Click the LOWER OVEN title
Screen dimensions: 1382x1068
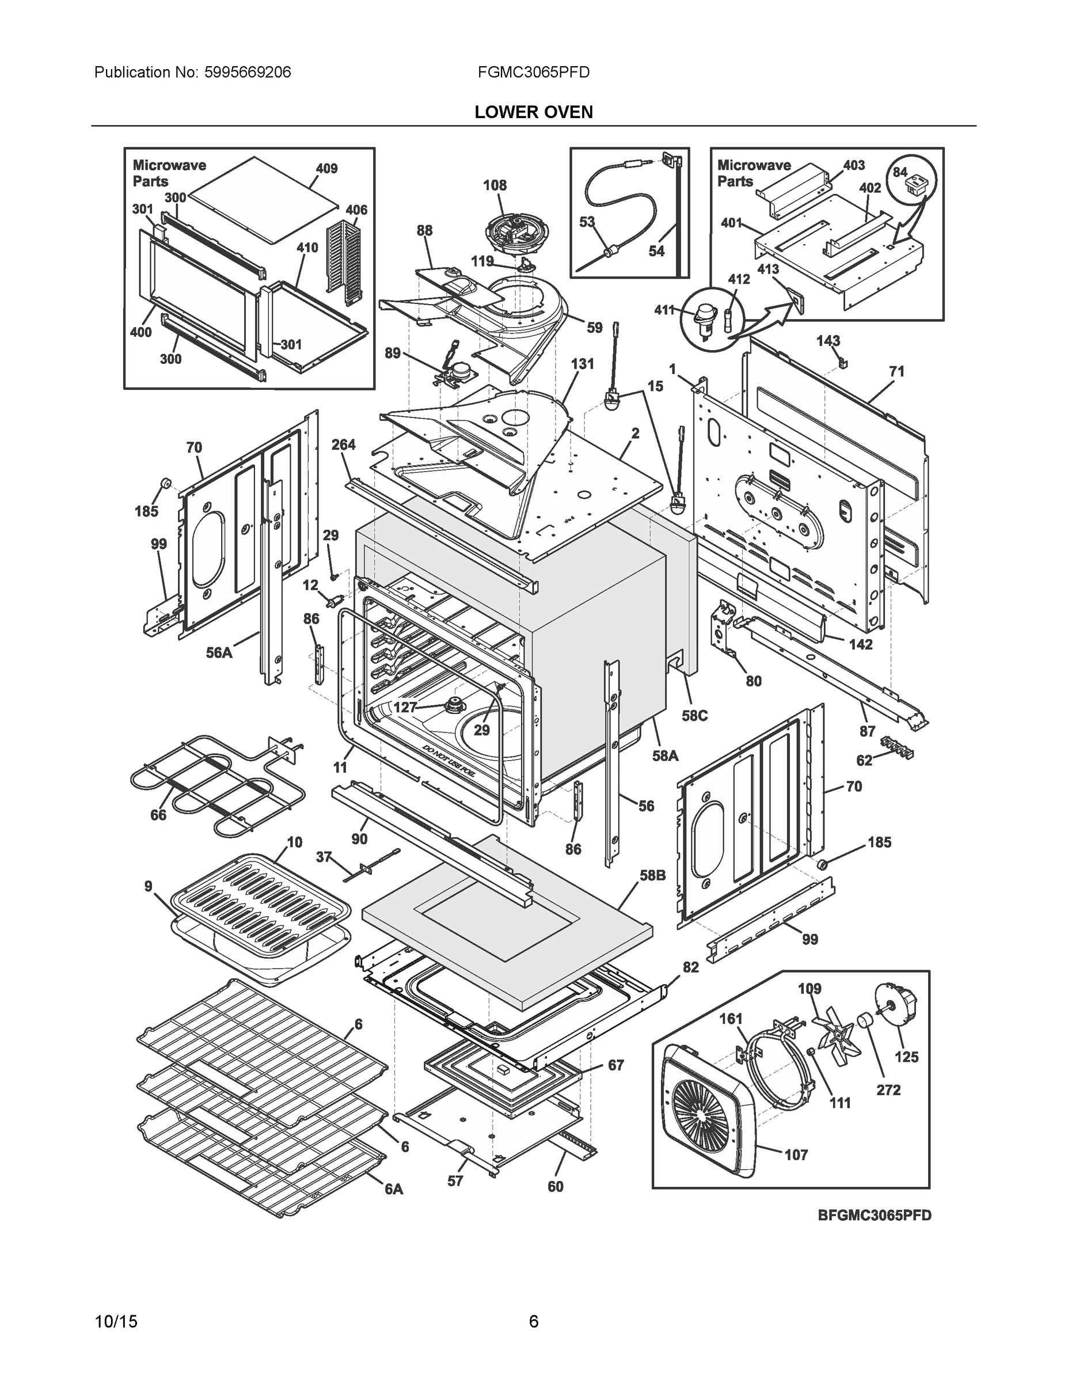[533, 112]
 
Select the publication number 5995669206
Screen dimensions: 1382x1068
[248, 72]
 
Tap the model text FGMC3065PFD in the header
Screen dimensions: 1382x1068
[533, 72]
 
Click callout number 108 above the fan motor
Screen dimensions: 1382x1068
[495, 185]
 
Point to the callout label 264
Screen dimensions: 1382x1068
[344, 445]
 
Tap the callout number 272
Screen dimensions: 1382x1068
[888, 1089]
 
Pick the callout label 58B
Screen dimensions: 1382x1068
[653, 876]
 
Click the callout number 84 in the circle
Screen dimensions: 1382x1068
[900, 172]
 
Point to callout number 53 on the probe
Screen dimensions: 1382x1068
[587, 222]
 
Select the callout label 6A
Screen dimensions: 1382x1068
[394, 1189]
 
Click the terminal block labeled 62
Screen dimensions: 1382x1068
[894, 748]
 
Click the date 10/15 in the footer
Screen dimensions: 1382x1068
[116, 1322]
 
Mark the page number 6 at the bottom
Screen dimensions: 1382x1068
[533, 1322]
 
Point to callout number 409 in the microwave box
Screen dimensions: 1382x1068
[326, 168]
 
